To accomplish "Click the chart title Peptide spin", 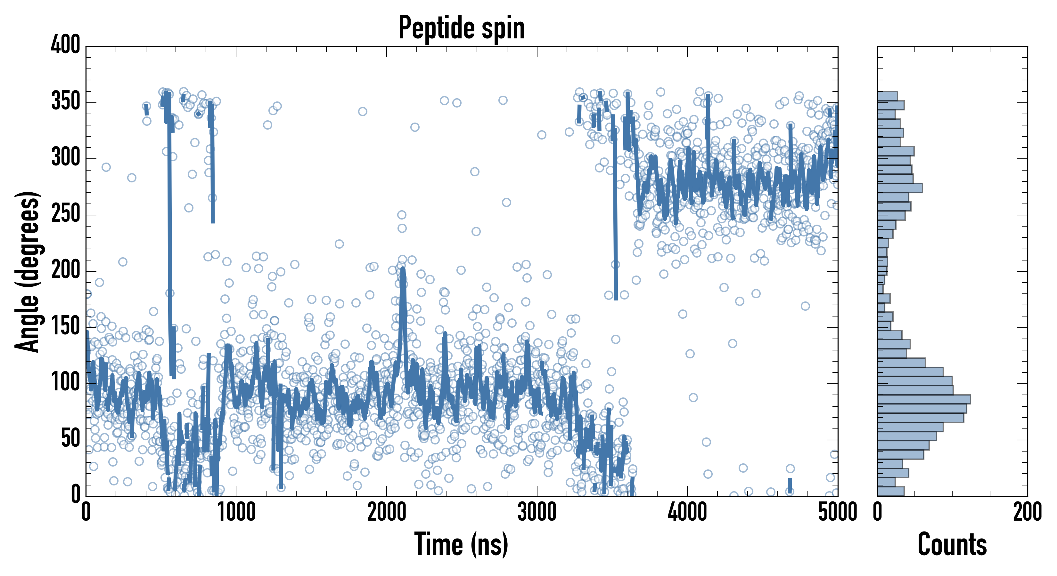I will (x=462, y=28).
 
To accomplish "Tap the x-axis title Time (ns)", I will (x=462, y=544).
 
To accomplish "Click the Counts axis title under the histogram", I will (x=952, y=544).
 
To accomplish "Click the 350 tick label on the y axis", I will (x=66, y=101).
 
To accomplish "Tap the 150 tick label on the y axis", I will (x=66, y=326).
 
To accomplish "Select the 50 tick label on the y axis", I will (x=70, y=439).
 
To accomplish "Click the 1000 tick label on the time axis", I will (x=236, y=512).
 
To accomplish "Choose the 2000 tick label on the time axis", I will (x=387, y=512).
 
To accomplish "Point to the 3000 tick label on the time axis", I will (x=537, y=512).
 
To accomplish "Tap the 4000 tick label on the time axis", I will (x=687, y=512).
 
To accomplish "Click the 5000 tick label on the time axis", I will (x=837, y=512).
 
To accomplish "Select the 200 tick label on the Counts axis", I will (x=1027, y=512).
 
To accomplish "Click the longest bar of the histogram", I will (x=923, y=399).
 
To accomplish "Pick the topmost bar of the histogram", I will (x=887, y=96).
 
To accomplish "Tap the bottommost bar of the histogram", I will (x=890, y=491).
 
